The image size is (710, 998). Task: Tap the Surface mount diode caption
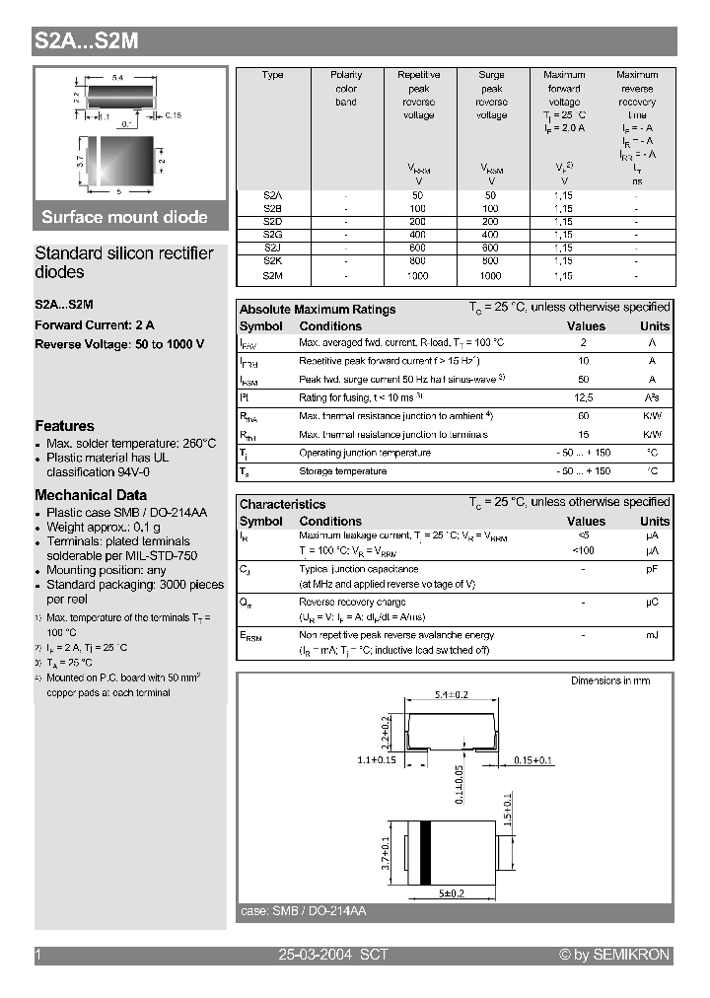(x=124, y=217)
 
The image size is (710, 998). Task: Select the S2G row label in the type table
(x=273, y=235)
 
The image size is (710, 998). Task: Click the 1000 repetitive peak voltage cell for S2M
(x=418, y=276)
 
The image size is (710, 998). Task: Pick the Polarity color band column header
(x=346, y=88)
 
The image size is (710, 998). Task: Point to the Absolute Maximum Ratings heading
(x=318, y=310)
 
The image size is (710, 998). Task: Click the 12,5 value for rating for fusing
(x=585, y=396)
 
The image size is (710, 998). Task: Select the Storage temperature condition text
(x=342, y=471)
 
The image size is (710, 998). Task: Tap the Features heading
(x=64, y=426)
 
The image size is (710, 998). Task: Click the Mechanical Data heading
(x=91, y=495)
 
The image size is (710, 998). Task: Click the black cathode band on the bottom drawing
(x=426, y=853)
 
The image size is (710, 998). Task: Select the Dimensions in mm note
(x=610, y=680)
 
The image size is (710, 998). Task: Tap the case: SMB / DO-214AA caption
(x=303, y=912)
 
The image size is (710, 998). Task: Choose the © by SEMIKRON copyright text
(x=613, y=955)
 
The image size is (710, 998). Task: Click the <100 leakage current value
(x=585, y=549)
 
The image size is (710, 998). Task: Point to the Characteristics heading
(x=282, y=504)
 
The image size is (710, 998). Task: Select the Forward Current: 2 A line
(x=95, y=324)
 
